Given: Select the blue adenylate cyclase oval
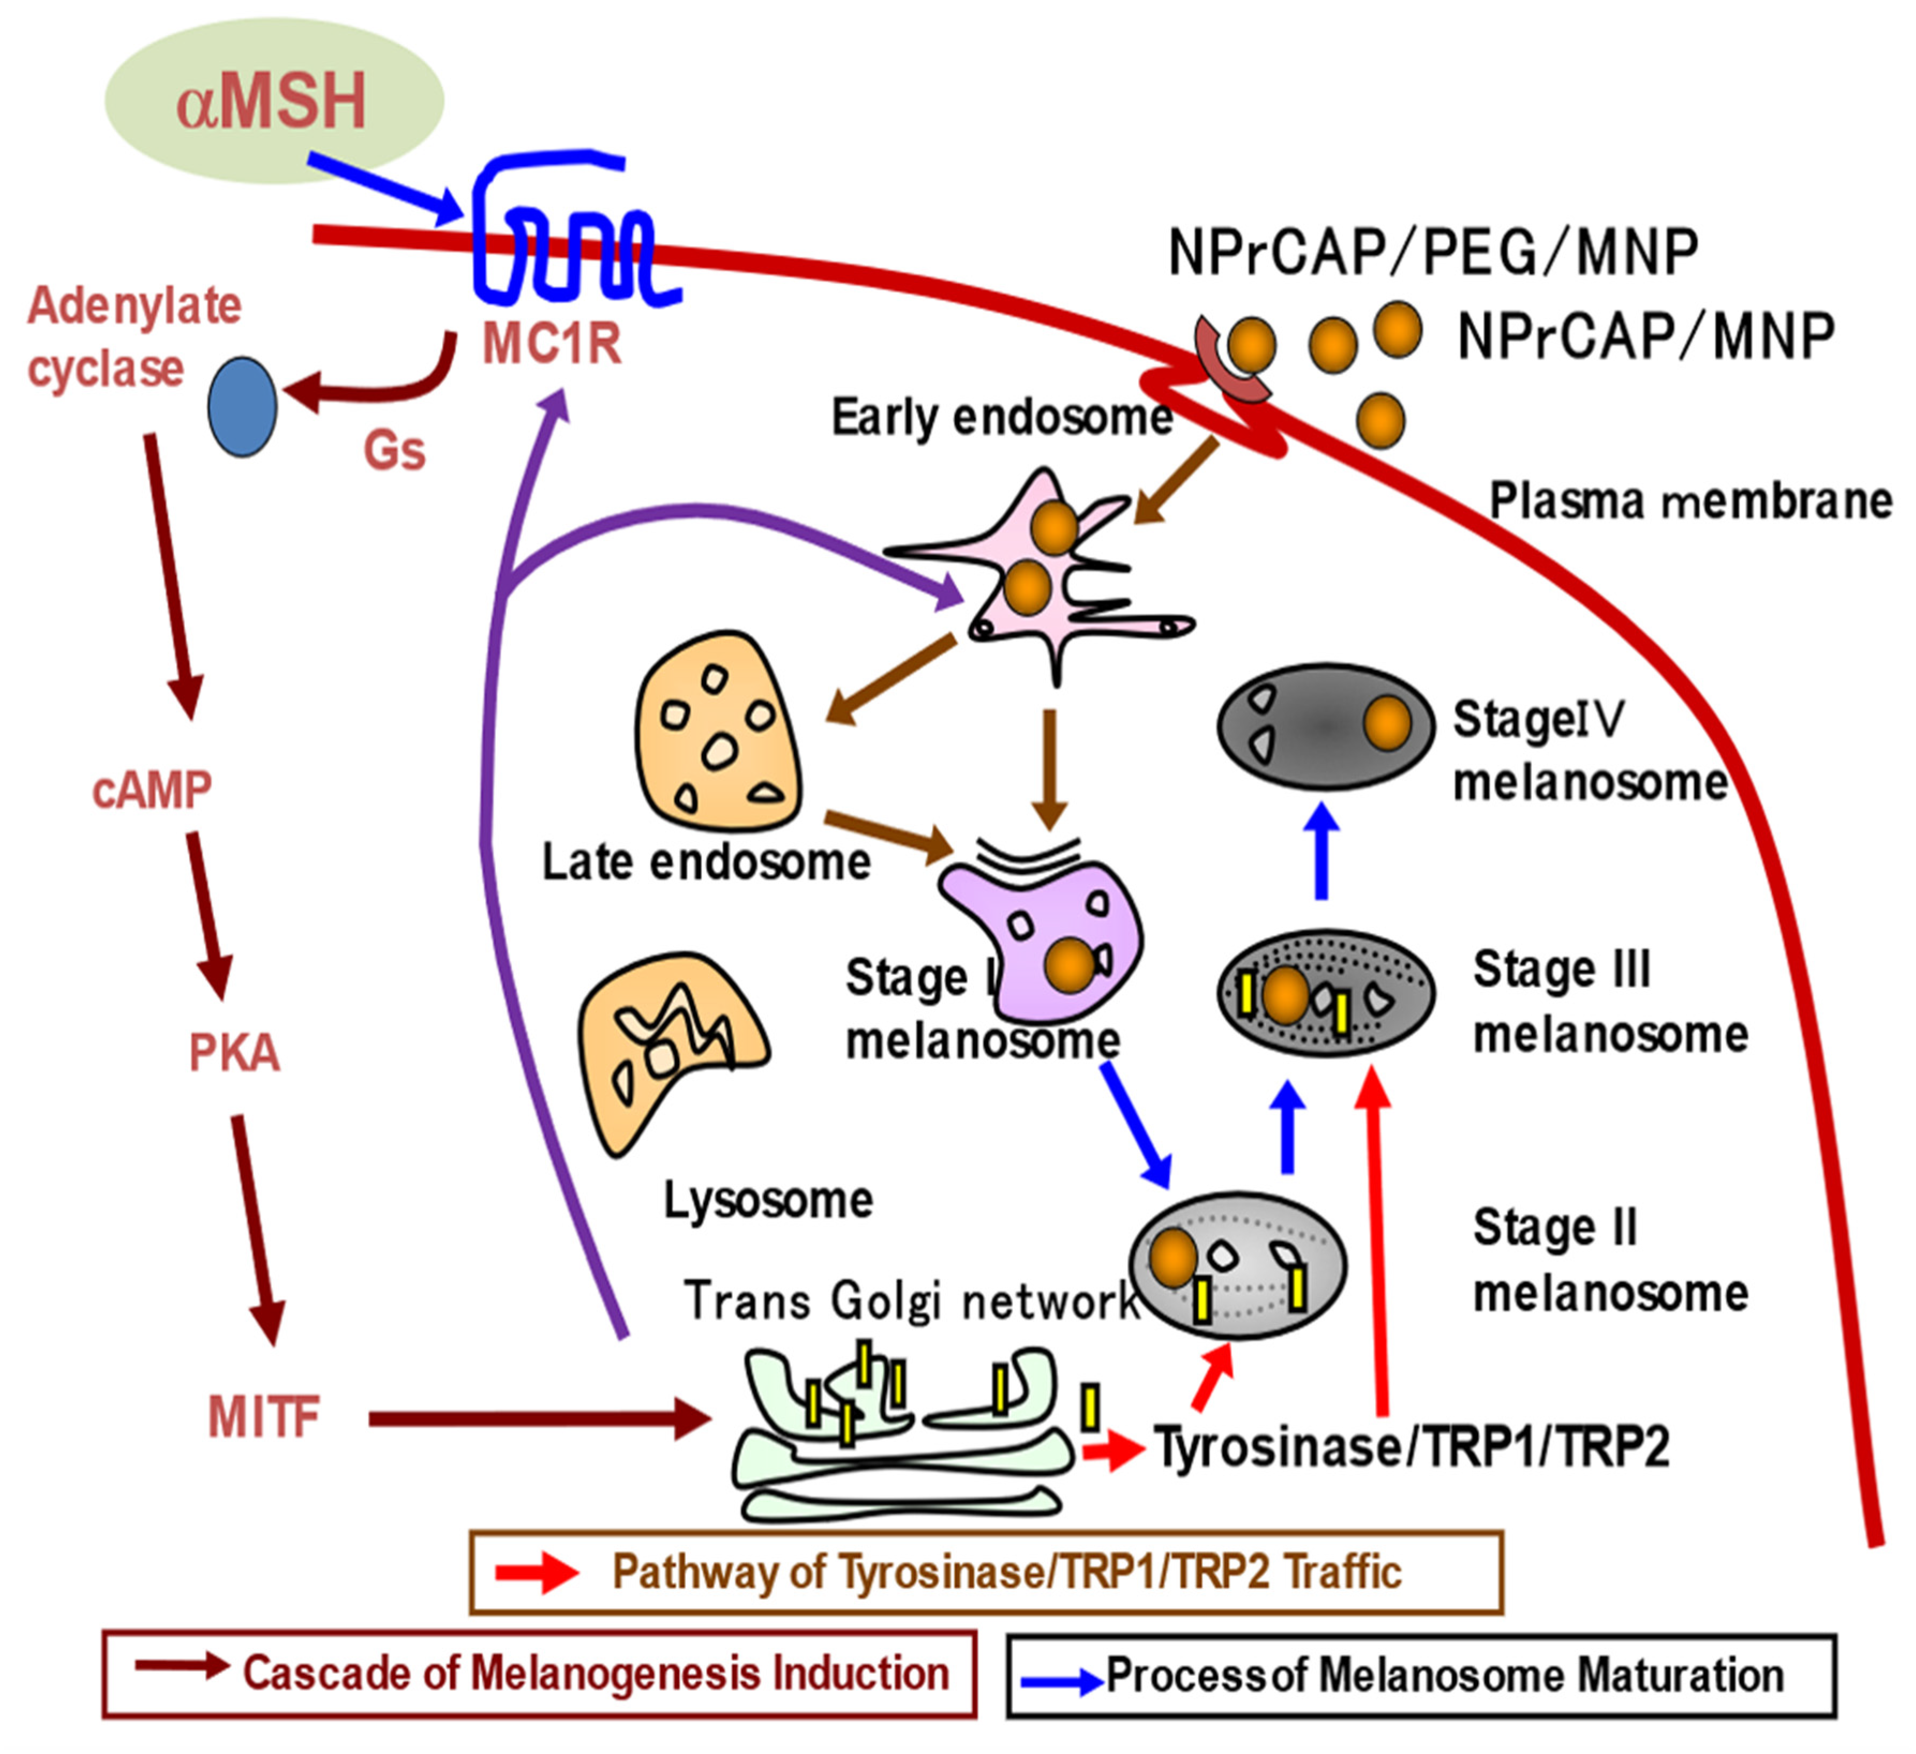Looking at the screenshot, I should click(x=242, y=407).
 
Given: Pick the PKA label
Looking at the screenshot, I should click(x=234, y=1053).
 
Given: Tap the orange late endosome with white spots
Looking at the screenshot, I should click(x=717, y=732).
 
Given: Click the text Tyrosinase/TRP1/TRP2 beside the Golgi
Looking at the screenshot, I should click(x=1412, y=1447).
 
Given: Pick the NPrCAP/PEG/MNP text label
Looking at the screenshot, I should click(x=1433, y=253).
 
